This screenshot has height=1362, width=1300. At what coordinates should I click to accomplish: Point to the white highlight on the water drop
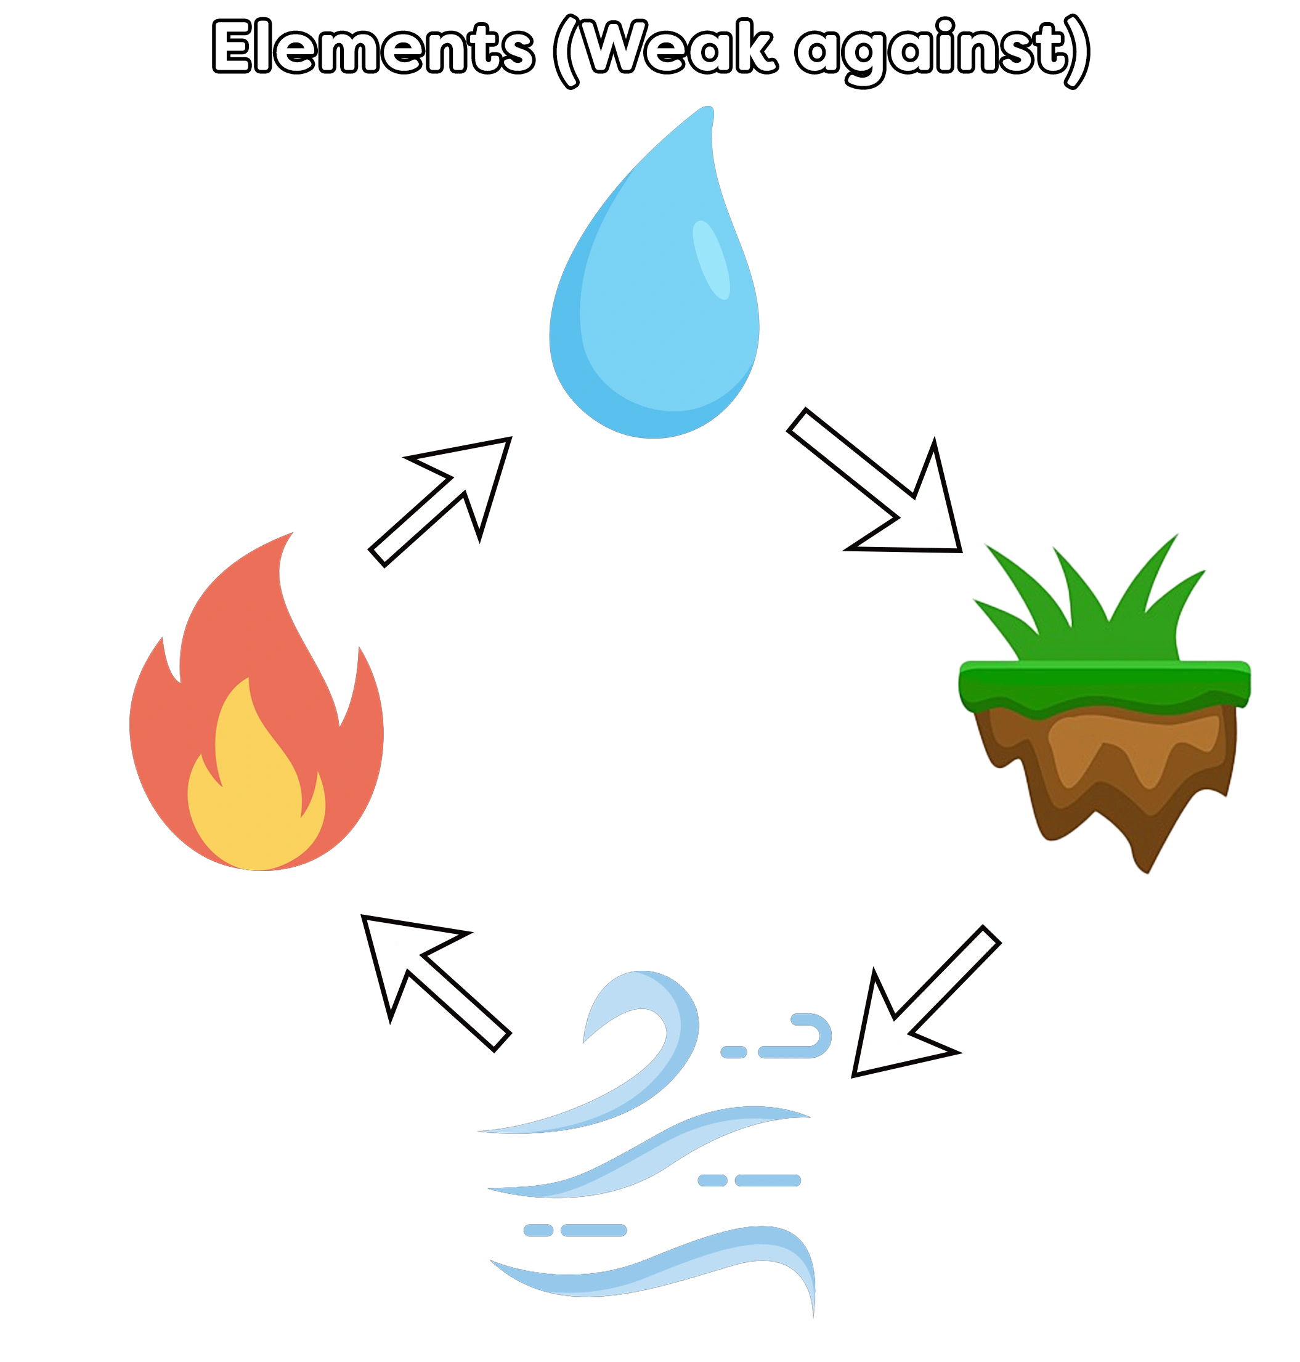click(712, 260)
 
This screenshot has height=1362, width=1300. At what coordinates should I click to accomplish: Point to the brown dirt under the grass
click(1109, 762)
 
